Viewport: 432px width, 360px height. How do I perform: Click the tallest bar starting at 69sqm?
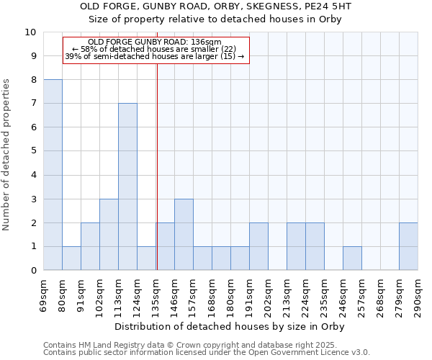click(x=53, y=175)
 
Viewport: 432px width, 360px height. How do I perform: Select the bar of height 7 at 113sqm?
click(x=127, y=186)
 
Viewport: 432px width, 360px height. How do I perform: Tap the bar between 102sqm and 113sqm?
click(x=109, y=234)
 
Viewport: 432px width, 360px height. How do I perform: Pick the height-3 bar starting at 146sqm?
click(x=184, y=234)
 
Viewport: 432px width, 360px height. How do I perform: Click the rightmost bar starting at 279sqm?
click(x=408, y=246)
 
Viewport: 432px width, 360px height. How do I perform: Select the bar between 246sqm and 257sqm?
click(x=352, y=258)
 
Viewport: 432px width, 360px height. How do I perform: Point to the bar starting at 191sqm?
click(x=258, y=246)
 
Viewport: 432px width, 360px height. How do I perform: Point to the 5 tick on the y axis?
click(x=33, y=151)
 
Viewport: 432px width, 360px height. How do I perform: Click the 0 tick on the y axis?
click(x=33, y=270)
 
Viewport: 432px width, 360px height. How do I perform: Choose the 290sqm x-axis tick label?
click(x=418, y=295)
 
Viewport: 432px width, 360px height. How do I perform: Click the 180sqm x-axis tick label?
click(x=231, y=295)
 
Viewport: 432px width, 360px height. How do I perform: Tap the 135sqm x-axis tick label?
click(x=156, y=295)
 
